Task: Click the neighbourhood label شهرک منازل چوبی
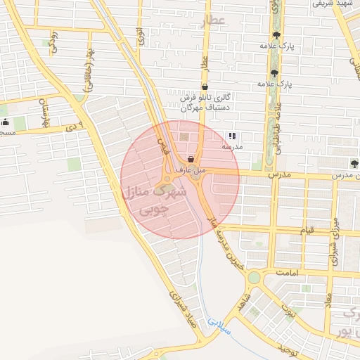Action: [155, 200]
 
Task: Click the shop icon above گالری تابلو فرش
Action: [205, 87]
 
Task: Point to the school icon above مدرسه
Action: [232, 136]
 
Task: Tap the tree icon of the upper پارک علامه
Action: [275, 36]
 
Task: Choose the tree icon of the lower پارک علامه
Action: [274, 72]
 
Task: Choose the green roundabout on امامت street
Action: [253, 278]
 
